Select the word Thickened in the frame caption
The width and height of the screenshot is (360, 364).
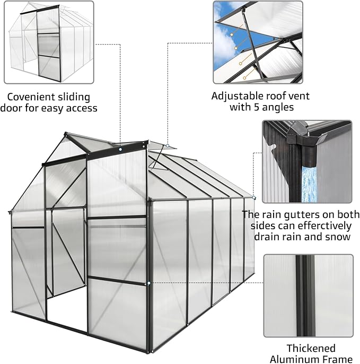pyautogui.click(x=311, y=348)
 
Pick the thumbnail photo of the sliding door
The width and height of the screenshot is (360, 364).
pyautogui.click(x=49, y=41)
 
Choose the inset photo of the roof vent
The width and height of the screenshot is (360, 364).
pyautogui.click(x=257, y=41)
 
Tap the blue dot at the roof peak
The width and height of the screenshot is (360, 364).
pyautogui.click(x=120, y=150)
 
